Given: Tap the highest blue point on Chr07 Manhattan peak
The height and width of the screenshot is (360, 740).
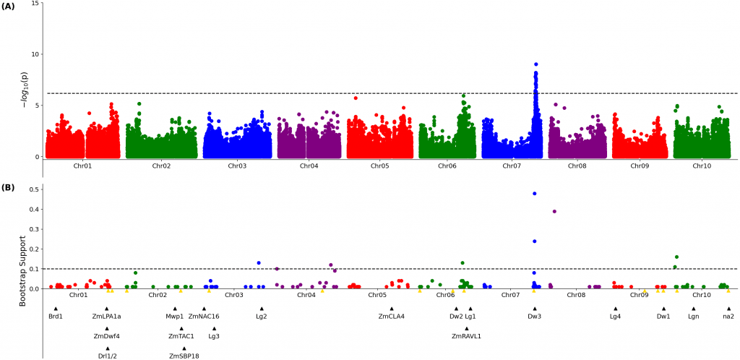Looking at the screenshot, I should pyautogui.click(x=535, y=64).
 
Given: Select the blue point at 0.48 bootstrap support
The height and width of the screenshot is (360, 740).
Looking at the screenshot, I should pyautogui.click(x=534, y=194).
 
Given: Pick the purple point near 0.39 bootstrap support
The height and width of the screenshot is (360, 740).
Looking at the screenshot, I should pyautogui.click(x=554, y=211).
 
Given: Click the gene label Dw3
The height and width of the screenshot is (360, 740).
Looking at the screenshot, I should pyautogui.click(x=534, y=316).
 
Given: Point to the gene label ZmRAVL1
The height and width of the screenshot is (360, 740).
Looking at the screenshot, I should pyautogui.click(x=466, y=336).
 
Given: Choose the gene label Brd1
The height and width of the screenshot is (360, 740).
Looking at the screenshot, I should pyautogui.click(x=56, y=316).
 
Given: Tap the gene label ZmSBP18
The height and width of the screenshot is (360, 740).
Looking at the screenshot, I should pyautogui.click(x=184, y=356).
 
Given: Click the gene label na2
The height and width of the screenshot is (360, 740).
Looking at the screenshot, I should pyautogui.click(x=728, y=316).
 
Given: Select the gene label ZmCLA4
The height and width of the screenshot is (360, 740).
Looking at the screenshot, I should pyautogui.click(x=392, y=316).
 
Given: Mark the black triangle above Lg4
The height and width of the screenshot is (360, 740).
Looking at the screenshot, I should pyautogui.click(x=615, y=309).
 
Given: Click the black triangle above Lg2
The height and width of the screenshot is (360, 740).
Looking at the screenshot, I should pyautogui.click(x=262, y=309).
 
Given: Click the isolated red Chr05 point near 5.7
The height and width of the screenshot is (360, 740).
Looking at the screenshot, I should pyautogui.click(x=356, y=98).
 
